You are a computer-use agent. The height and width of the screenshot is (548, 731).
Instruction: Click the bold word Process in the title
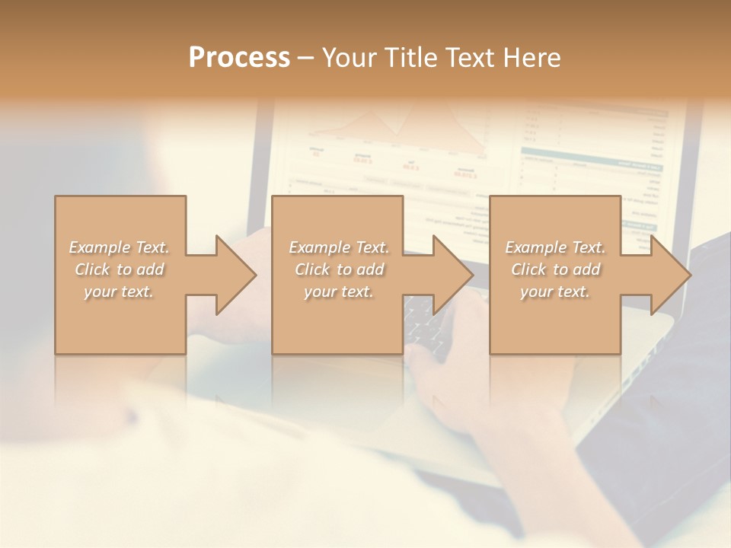tap(239, 58)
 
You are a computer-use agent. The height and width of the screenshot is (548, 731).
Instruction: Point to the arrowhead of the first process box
tap(236, 275)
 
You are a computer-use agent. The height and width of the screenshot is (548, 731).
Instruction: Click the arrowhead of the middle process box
tap(454, 275)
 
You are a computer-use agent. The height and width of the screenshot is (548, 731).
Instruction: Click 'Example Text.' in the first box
tap(119, 247)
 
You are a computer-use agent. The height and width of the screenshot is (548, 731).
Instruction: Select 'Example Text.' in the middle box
tap(339, 247)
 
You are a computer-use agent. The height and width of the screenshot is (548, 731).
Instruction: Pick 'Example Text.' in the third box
tap(555, 247)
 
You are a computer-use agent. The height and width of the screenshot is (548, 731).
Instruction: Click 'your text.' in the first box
tap(119, 292)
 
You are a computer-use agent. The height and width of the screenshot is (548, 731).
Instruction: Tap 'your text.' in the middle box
tap(339, 292)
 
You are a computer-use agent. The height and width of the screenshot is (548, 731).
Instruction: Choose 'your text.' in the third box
tap(555, 292)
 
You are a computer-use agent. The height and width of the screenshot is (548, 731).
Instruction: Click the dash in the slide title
tap(305, 58)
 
